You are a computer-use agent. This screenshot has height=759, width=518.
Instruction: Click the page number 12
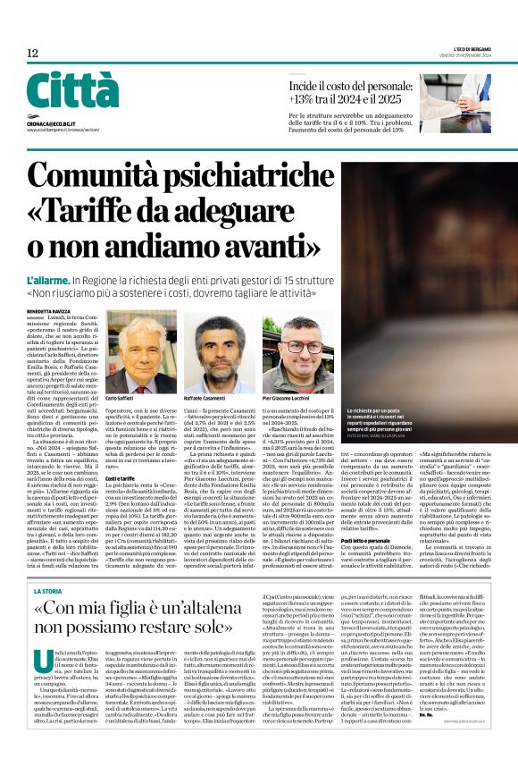pos(32,55)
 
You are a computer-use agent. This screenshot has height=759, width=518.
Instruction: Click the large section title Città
pos(71,90)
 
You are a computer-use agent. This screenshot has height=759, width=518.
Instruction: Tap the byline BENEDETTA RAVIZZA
pos(51,311)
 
